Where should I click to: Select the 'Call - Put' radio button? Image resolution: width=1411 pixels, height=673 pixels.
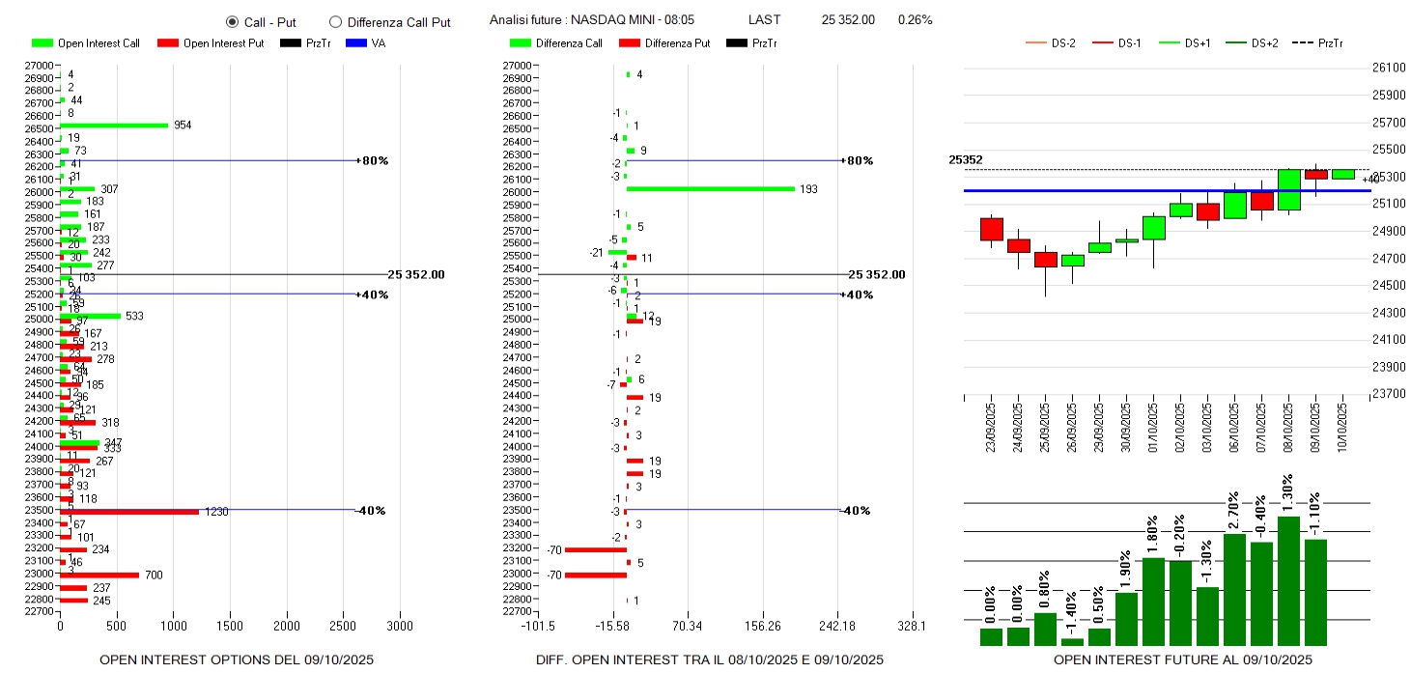pyautogui.click(x=232, y=21)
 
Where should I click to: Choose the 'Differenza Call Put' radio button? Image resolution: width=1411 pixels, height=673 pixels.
pyautogui.click(x=336, y=21)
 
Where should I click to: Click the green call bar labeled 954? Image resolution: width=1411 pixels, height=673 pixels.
pyautogui.click(x=114, y=125)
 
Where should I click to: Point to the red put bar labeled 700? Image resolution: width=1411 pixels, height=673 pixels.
pyautogui.click(x=99, y=575)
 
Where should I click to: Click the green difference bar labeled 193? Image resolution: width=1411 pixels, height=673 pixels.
pyautogui.click(x=710, y=189)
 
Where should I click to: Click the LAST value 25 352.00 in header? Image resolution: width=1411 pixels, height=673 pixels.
pyautogui.click(x=848, y=20)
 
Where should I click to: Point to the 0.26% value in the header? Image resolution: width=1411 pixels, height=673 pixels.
pyautogui.click(x=915, y=20)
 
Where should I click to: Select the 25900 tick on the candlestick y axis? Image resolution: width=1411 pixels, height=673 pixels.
pyautogui.click(x=1389, y=96)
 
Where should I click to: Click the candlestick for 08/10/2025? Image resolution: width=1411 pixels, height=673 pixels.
pyautogui.click(x=1288, y=189)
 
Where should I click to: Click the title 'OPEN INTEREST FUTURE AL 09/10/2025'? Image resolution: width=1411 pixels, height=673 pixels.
pyautogui.click(x=1182, y=659)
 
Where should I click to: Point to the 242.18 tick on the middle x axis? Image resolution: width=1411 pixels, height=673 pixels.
pyautogui.click(x=837, y=626)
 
